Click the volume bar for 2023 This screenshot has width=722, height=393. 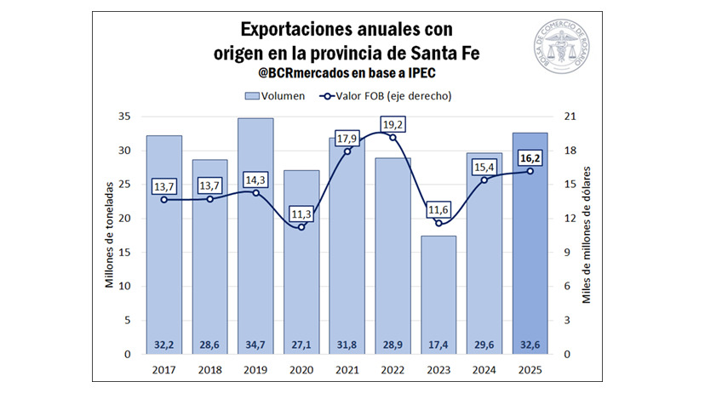[x=438, y=289]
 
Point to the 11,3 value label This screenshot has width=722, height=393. [x=301, y=214]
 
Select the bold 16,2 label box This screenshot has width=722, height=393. [x=530, y=157]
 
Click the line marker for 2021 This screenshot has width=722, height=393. [x=347, y=151]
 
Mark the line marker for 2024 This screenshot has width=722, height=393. [x=484, y=179]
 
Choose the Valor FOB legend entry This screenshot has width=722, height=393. [x=388, y=96]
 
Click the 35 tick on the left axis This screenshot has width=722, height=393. [x=124, y=117]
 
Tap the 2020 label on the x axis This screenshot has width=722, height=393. [x=301, y=370]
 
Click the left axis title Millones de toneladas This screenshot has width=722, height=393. [x=110, y=235]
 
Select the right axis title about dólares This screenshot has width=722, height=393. [x=587, y=235]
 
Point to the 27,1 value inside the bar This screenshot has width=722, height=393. [x=301, y=345]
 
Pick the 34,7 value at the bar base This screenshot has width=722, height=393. [x=255, y=345]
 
